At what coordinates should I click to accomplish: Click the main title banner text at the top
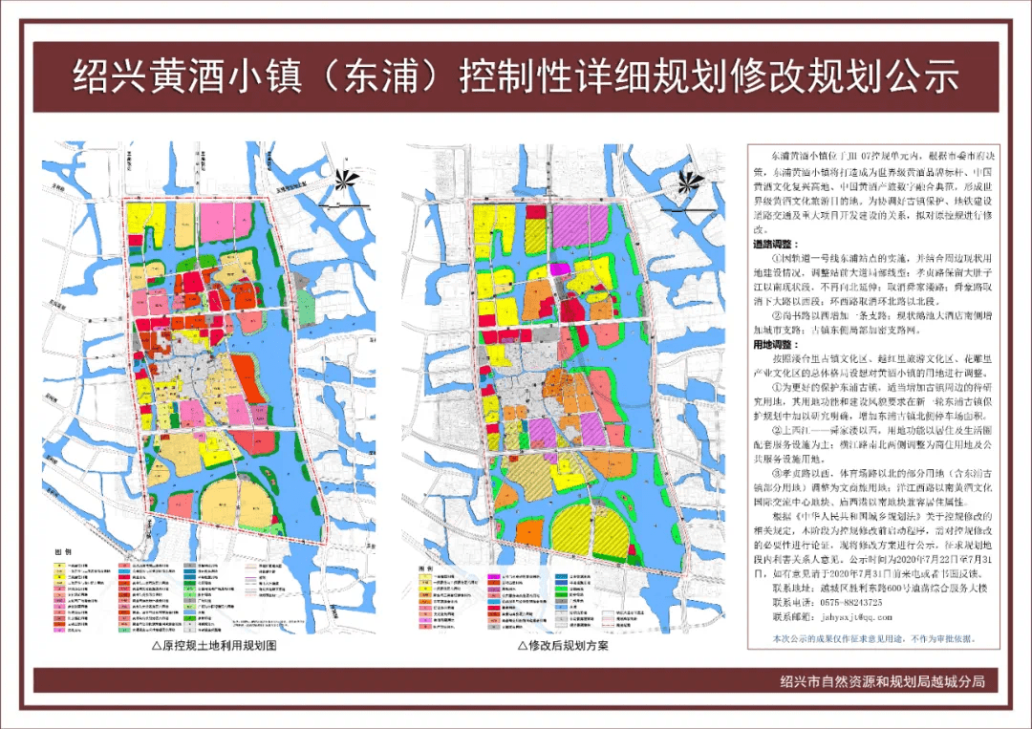(516, 75)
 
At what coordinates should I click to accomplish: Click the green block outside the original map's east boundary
(305, 306)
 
